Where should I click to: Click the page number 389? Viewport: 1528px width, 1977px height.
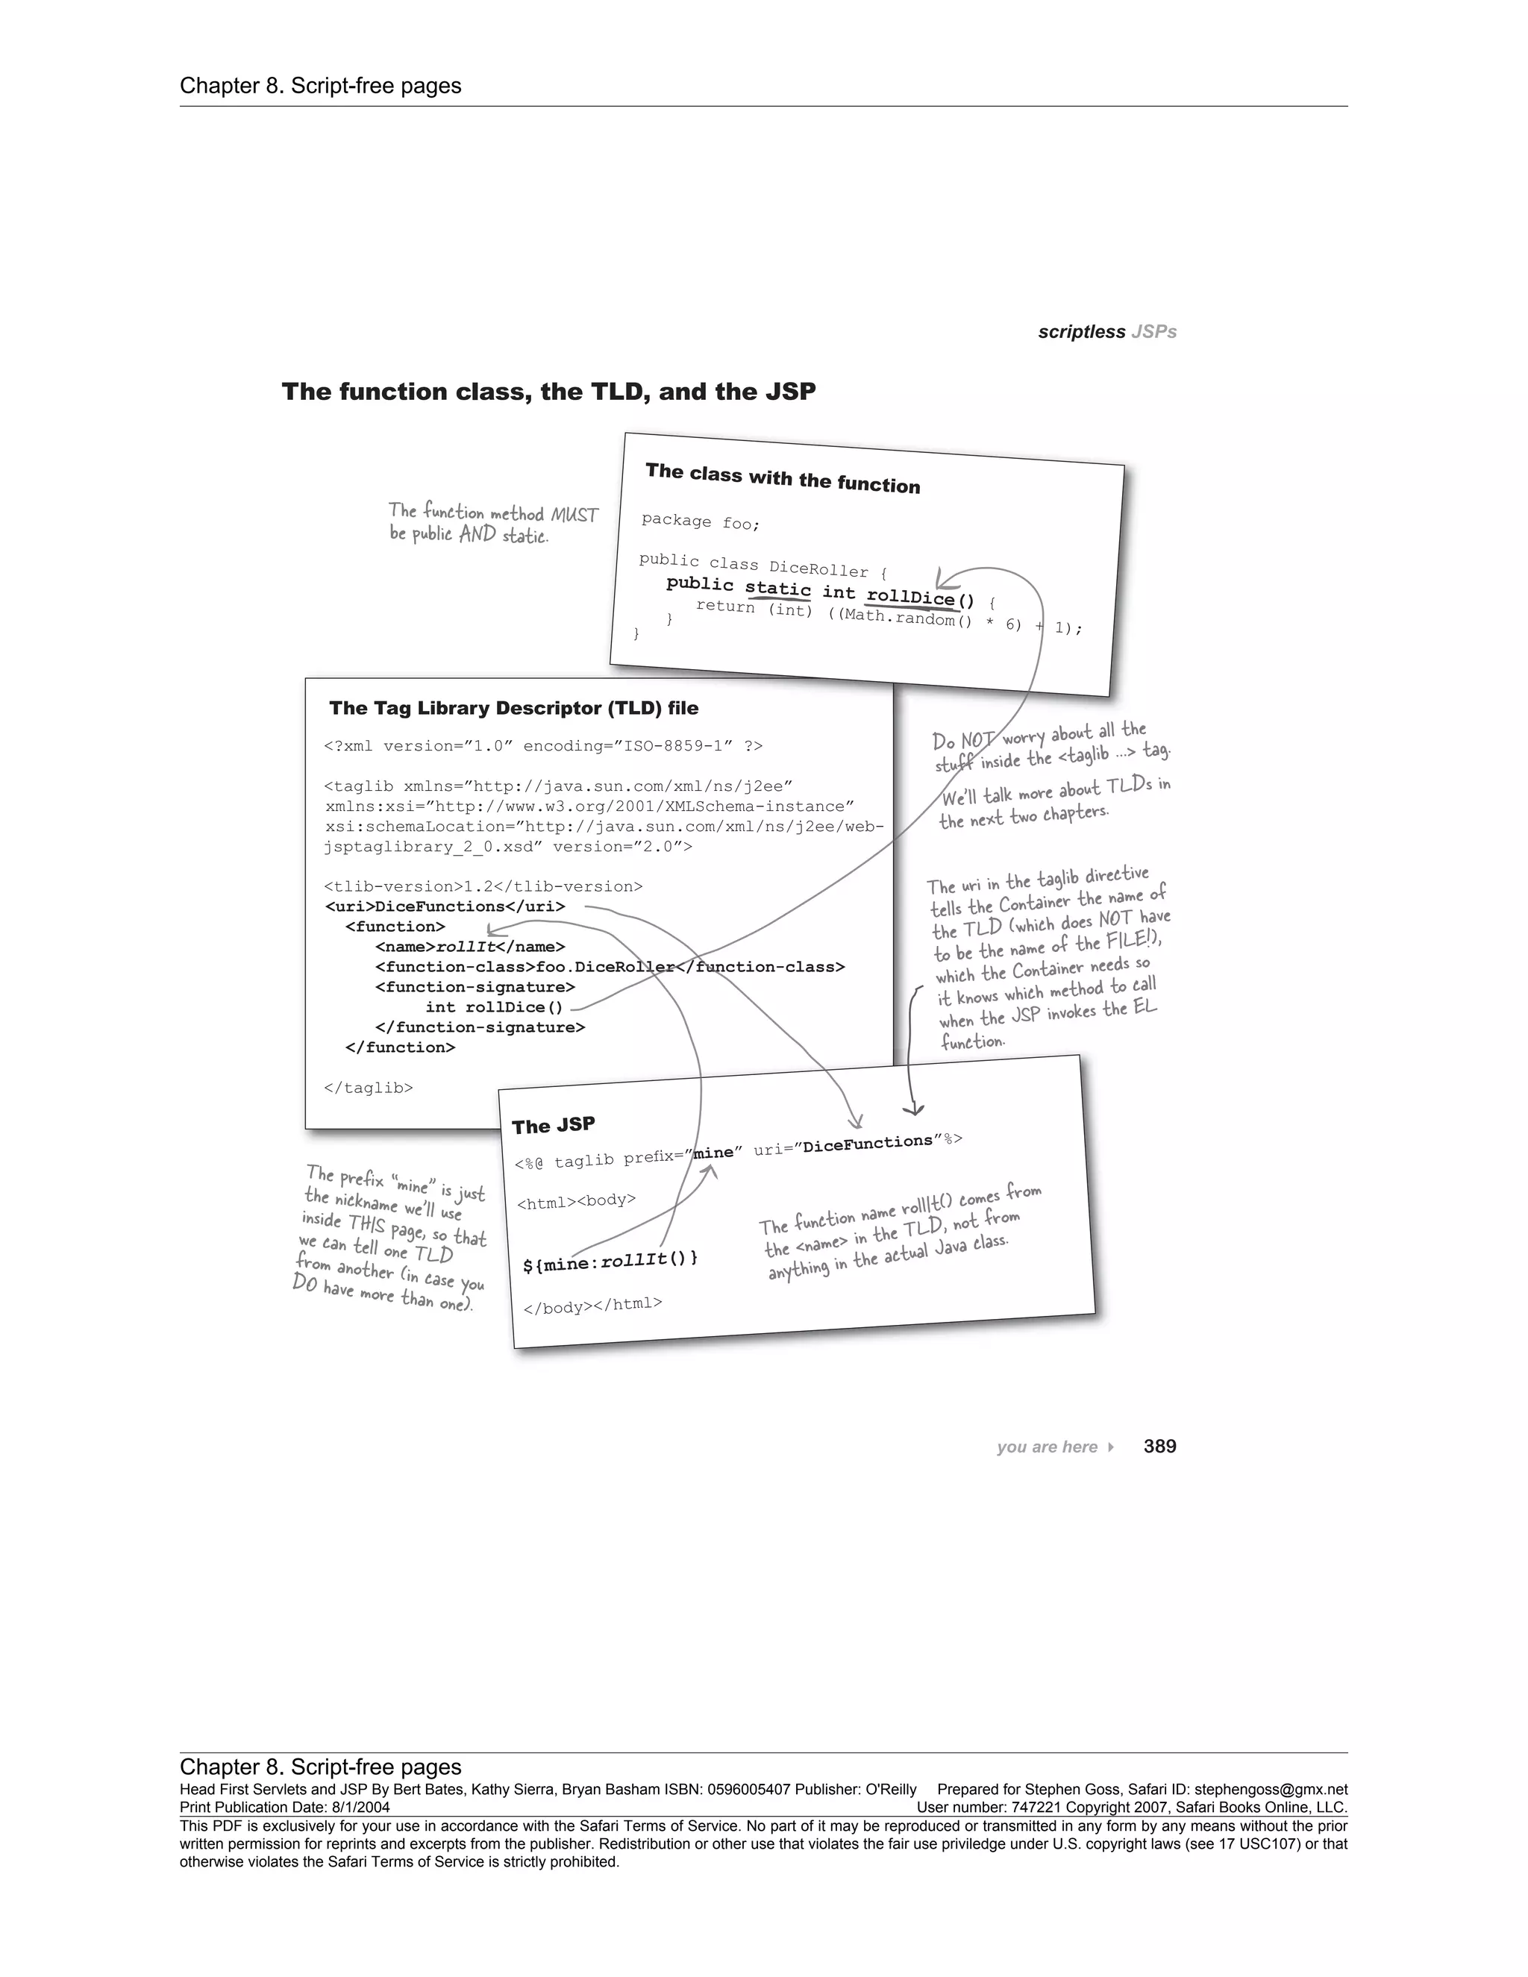(1159, 1446)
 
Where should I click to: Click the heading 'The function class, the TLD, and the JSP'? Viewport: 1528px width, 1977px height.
(548, 391)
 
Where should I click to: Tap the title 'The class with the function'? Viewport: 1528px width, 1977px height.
(782, 478)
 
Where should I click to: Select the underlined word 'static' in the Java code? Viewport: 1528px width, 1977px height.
(777, 589)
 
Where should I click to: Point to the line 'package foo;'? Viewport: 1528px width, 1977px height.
(701, 521)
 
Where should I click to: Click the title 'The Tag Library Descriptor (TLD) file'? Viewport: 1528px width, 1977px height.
(513, 708)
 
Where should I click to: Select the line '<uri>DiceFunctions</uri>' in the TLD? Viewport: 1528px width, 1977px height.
(445, 906)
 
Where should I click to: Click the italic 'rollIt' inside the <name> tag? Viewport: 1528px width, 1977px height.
(466, 947)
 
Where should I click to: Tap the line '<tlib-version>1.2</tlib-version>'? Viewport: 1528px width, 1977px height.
(483, 886)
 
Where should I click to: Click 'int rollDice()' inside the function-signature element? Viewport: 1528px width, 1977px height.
(493, 1006)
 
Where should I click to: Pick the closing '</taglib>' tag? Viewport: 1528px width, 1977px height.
(369, 1087)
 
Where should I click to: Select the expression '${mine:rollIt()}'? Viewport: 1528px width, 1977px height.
(610, 1261)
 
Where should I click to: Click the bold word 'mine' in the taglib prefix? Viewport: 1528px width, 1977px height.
(713, 1153)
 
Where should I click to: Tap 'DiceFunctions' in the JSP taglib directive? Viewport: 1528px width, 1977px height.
(867, 1143)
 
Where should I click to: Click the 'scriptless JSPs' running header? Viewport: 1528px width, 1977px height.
(1107, 331)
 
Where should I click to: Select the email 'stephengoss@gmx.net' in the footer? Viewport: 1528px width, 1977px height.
(1271, 1790)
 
